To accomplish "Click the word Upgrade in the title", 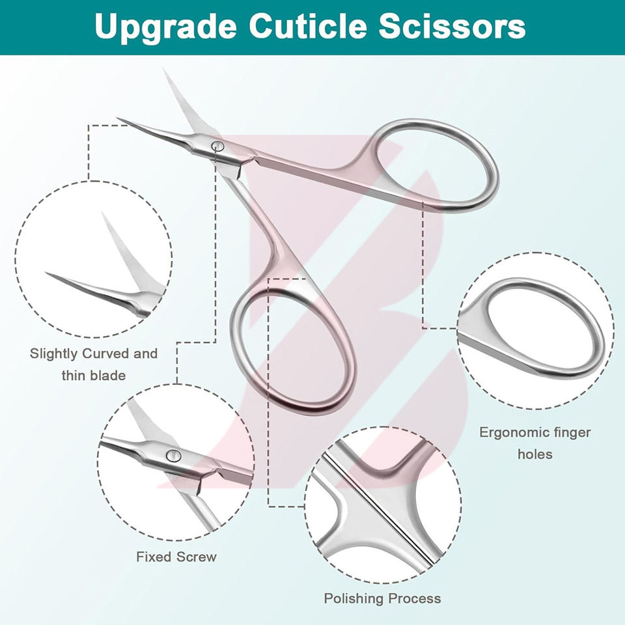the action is pyautogui.click(x=163, y=27).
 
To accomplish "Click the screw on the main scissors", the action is pyautogui.click(x=218, y=147).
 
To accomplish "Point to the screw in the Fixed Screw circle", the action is pyautogui.click(x=173, y=455).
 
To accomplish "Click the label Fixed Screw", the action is pyautogui.click(x=176, y=557).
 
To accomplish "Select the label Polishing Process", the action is pyautogui.click(x=382, y=598).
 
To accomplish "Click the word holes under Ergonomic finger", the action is pyautogui.click(x=535, y=454).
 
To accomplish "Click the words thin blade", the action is pyautogui.click(x=93, y=375).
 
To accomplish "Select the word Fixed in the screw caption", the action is pyautogui.click(x=154, y=557).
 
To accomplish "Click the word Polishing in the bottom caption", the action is pyautogui.click(x=355, y=598).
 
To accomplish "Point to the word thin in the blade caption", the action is pyautogui.click(x=74, y=375).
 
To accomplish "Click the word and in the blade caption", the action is pyautogui.click(x=145, y=354).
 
